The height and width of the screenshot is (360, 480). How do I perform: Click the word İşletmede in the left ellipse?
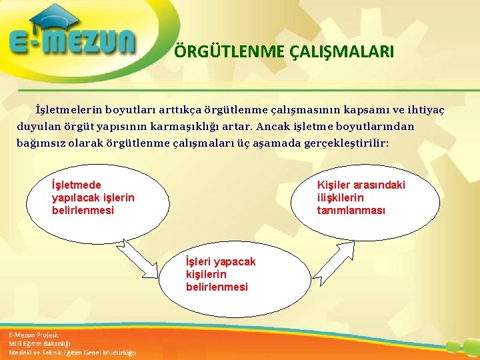77,185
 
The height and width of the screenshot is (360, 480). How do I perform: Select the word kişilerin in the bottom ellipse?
206,275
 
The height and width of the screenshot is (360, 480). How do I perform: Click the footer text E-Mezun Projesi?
34,335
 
